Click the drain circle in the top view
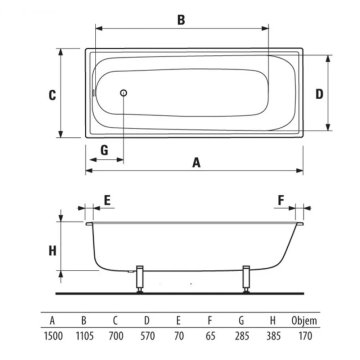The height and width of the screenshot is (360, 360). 124,93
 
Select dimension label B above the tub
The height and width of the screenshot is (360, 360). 181,20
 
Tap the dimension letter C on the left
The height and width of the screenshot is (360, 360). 52,95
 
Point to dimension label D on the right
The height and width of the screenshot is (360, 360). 319,94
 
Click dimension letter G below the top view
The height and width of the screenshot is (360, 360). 104,150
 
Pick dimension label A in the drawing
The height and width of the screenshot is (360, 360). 197,163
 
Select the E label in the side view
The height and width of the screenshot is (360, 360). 107,201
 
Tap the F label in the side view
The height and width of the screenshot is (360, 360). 281,201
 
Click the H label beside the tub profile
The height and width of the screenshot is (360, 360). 52,250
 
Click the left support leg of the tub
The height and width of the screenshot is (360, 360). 140,279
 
